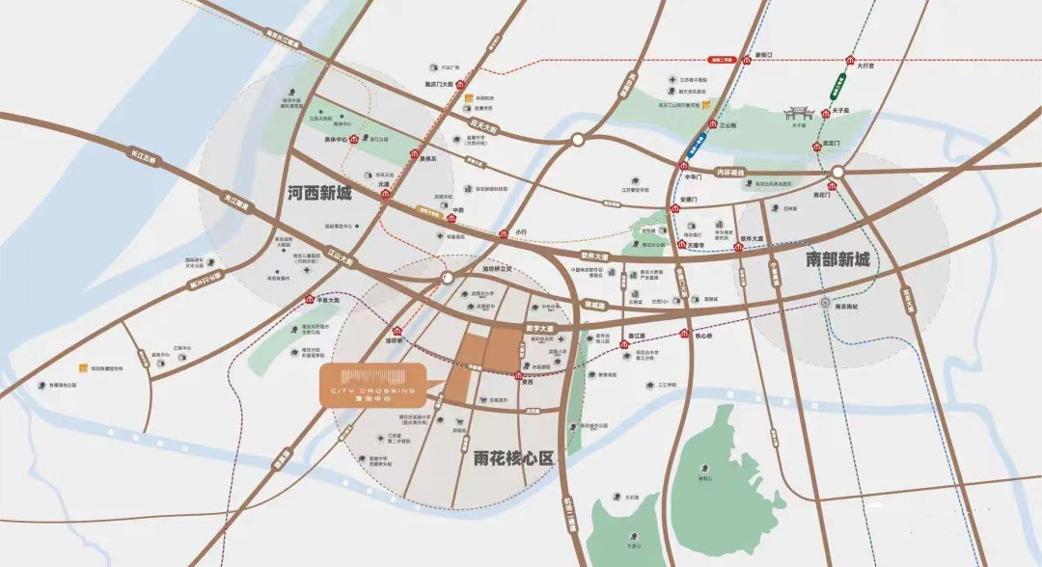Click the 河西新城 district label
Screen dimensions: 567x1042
(319, 194)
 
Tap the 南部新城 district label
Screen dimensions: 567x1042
(837, 259)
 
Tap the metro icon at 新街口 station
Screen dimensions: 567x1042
(744, 57)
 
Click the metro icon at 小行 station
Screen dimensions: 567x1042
(503, 233)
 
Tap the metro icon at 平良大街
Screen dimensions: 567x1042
(309, 300)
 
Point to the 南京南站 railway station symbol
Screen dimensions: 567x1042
(826, 303)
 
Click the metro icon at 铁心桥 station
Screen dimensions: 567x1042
(684, 336)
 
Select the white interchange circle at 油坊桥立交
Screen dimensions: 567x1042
(447, 278)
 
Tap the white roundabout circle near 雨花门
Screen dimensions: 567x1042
(838, 172)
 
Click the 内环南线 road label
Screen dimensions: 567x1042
(730, 172)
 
